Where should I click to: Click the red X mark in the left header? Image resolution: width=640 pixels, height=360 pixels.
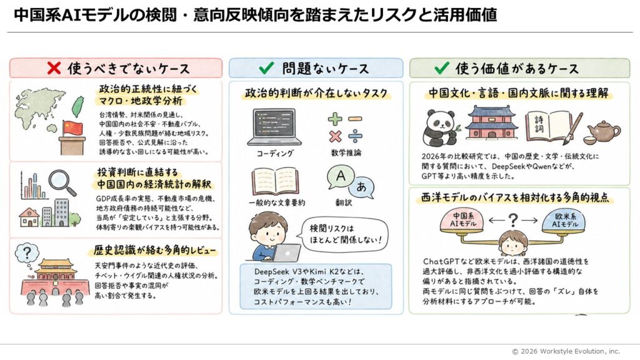tap(54, 68)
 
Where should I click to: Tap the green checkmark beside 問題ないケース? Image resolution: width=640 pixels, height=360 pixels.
tap(266, 67)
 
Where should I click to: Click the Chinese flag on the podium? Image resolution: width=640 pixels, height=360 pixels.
tap(72, 128)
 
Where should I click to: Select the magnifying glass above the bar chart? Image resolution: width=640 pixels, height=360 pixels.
tap(62, 182)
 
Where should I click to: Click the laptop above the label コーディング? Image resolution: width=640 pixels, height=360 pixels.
tap(274, 126)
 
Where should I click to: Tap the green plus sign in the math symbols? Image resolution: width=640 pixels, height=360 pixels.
tap(335, 119)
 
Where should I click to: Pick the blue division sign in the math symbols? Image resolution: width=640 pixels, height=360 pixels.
tap(355, 136)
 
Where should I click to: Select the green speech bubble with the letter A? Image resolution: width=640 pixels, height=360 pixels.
tap(340, 177)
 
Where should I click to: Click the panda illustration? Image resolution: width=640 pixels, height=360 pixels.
tap(440, 128)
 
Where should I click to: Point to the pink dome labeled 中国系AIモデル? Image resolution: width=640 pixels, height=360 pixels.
tap(462, 221)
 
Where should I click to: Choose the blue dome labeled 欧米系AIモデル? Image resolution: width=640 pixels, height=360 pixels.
tap(565, 221)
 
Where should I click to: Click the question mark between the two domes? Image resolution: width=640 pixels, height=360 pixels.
tap(513, 221)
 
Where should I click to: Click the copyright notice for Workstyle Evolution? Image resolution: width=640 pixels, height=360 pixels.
tap(566, 351)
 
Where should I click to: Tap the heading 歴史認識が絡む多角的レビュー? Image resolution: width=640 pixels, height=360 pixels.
tap(154, 250)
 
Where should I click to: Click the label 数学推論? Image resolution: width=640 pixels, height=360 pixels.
tap(346, 153)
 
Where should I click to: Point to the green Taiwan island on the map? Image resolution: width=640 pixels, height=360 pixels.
tap(77, 106)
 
